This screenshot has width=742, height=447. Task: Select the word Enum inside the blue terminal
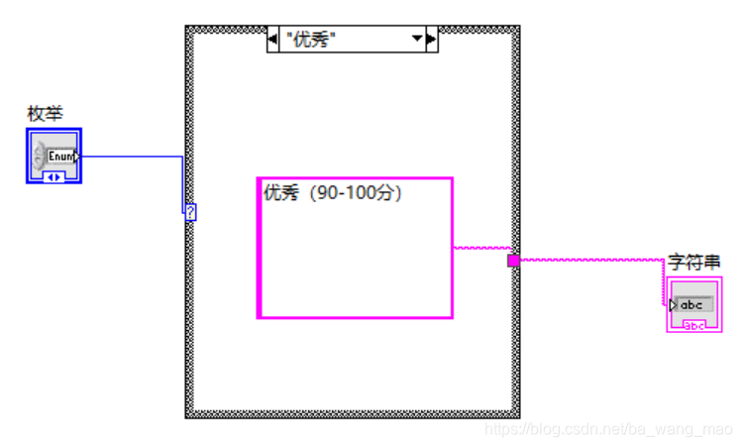tap(61, 157)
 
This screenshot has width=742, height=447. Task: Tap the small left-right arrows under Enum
tap(54, 176)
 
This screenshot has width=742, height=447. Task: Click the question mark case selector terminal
tap(190, 212)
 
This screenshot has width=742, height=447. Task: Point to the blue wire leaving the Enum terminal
tap(129, 157)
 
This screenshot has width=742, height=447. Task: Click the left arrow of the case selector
tap(274, 40)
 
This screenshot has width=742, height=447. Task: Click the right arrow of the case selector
tap(431, 40)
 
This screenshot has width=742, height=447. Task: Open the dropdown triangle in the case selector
tap(418, 40)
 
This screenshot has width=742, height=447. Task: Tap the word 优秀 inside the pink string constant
tap(280, 194)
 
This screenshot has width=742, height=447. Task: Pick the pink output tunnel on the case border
tap(513, 261)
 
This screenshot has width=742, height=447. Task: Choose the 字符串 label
tap(693, 262)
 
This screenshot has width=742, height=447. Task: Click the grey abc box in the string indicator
tap(692, 304)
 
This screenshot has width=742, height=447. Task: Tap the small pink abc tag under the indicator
tap(694, 324)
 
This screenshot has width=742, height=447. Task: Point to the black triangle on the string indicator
tap(674, 305)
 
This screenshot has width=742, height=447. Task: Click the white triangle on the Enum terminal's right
tap(77, 156)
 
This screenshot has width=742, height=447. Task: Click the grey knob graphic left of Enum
tap(40, 156)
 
